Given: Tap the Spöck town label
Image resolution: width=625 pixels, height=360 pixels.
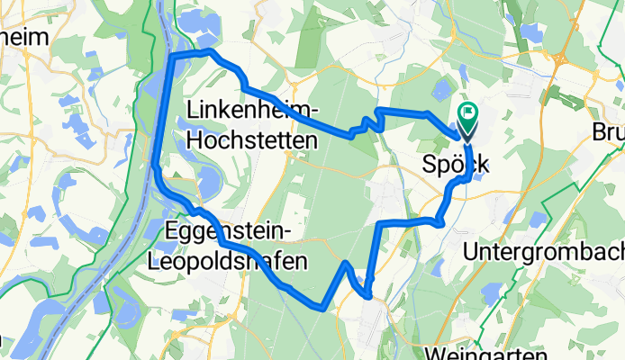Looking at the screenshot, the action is tap(455, 166).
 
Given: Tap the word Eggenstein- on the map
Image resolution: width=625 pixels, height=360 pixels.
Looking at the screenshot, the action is tap(232, 232).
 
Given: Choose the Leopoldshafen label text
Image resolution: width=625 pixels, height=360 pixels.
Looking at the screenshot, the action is tap(232, 262).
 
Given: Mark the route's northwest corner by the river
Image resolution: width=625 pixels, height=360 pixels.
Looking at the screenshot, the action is tap(173, 58).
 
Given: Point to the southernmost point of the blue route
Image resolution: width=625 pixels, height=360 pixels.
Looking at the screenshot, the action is tap(321, 308).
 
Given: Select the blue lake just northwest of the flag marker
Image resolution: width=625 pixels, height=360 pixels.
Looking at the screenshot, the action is tap(442, 90).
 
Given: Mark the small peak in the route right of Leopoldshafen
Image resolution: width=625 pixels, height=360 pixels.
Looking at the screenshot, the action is tap(345, 263).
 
